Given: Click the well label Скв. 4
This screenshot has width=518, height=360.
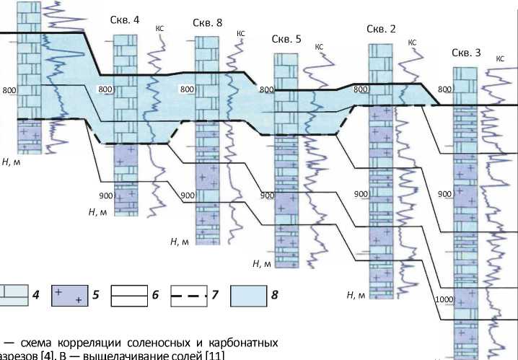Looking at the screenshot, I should coord(126,19).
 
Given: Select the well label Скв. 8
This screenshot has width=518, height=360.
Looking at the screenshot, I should coord(207,22).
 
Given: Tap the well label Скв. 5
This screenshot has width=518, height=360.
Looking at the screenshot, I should coord(286,39).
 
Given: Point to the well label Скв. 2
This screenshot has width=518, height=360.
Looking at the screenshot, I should coord(381,29).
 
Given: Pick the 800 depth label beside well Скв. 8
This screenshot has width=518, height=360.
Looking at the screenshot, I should coord(187,89).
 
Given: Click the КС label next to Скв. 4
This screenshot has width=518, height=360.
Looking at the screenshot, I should coord(159,29).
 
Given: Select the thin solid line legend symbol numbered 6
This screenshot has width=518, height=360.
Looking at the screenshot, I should coord(127,295).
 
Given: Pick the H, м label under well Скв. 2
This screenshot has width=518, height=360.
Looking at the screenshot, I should coord(356,294).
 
